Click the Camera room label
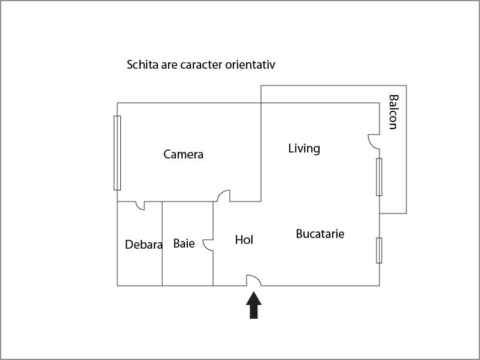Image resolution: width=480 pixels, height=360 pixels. [x=183, y=154]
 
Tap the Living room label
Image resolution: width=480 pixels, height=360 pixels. [x=304, y=149]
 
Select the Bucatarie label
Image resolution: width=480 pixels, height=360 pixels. [x=320, y=234]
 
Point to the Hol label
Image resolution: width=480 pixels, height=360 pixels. [x=244, y=240]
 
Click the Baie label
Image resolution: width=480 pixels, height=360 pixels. [x=184, y=243]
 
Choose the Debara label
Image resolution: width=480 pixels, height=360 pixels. [x=144, y=245]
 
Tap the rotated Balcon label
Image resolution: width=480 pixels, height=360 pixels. [x=393, y=112]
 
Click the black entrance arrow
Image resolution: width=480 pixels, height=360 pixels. [x=254, y=305]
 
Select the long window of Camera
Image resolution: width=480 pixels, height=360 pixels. [x=117, y=153]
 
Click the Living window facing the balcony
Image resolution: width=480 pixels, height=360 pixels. [x=379, y=177]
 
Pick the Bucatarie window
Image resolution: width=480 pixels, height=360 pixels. [x=379, y=250]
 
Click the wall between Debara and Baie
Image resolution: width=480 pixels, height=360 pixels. [x=162, y=244]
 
